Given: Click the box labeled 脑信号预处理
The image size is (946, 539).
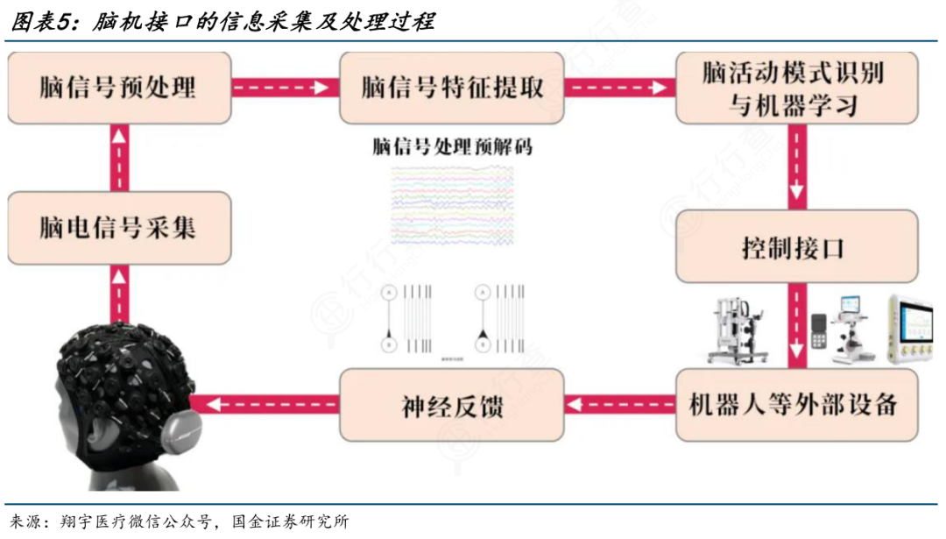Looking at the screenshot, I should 119,88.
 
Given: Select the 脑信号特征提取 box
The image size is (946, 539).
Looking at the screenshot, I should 452,88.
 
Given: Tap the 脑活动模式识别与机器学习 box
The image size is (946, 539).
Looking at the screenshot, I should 795,88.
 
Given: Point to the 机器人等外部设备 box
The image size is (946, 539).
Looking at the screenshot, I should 795,404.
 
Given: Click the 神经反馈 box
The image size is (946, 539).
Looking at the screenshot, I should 452,404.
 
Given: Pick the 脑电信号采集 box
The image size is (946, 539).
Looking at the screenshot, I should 119,229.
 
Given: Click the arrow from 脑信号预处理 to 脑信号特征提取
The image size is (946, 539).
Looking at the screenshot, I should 286,88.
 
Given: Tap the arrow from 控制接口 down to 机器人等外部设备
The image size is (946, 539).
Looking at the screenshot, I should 796,324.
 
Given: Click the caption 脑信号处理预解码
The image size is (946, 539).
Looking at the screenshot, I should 452,146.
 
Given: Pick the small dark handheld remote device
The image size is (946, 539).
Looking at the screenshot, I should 819,332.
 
